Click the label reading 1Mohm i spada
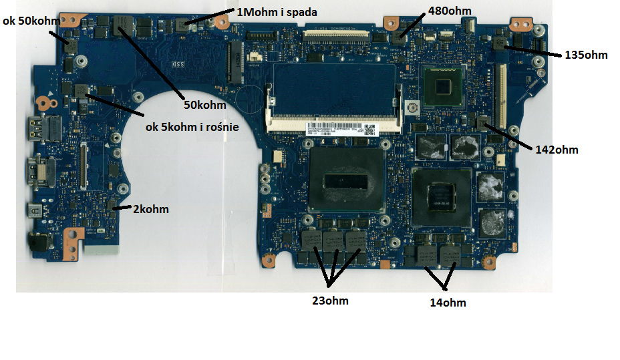coord(277,12)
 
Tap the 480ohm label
coord(451,11)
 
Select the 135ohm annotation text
coord(586,55)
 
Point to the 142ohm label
coord(557,150)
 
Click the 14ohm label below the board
coord(448,303)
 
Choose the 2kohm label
coord(150,209)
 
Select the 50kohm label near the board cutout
coord(205,104)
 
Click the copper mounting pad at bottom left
coord(73,233)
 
